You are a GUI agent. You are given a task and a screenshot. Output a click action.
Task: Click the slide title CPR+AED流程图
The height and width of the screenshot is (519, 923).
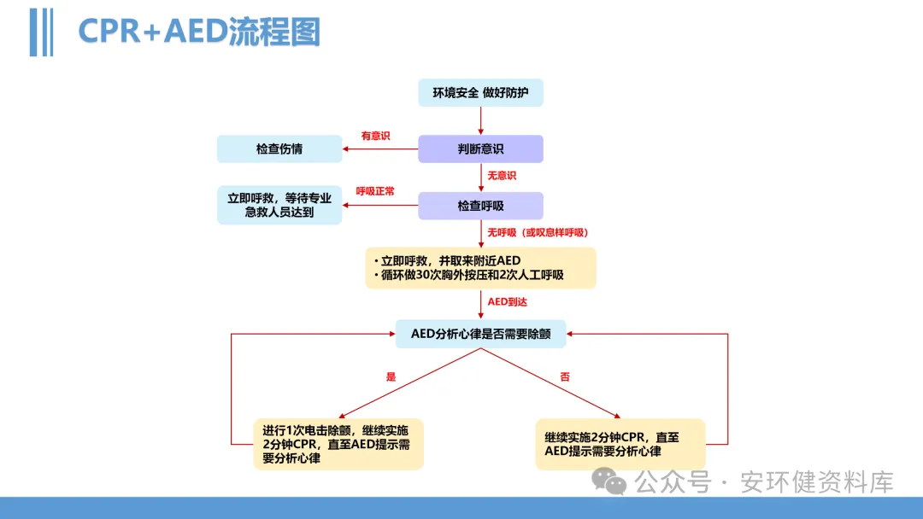click(199, 32)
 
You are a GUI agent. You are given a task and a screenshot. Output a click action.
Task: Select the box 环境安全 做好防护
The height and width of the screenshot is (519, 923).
click(480, 93)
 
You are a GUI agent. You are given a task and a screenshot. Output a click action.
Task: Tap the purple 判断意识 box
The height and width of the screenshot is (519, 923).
click(480, 149)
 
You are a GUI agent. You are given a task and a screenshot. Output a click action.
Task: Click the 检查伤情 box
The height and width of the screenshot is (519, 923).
click(279, 149)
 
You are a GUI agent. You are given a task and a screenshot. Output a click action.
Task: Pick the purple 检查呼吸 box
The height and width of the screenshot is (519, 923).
click(480, 206)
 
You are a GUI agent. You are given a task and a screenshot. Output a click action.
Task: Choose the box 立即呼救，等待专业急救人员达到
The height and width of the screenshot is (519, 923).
click(279, 205)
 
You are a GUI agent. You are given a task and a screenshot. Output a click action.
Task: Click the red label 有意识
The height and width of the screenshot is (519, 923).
click(375, 136)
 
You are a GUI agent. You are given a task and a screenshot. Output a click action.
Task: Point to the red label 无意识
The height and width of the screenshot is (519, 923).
click(502, 176)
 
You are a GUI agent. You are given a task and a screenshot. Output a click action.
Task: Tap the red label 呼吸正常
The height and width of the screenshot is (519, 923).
click(375, 192)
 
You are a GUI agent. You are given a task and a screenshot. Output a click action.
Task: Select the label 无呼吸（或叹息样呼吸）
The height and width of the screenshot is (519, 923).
click(538, 232)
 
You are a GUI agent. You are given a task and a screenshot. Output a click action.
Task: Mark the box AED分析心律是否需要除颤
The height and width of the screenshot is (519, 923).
click(480, 334)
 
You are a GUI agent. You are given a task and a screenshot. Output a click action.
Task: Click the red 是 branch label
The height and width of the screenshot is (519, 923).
click(391, 376)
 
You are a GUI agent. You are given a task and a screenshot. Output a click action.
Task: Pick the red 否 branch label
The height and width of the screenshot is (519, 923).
click(565, 376)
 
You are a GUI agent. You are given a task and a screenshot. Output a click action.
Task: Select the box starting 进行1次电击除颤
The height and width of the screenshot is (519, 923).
click(338, 444)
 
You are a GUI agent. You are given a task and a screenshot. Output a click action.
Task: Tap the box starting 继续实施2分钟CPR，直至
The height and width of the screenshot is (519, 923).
click(620, 444)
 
